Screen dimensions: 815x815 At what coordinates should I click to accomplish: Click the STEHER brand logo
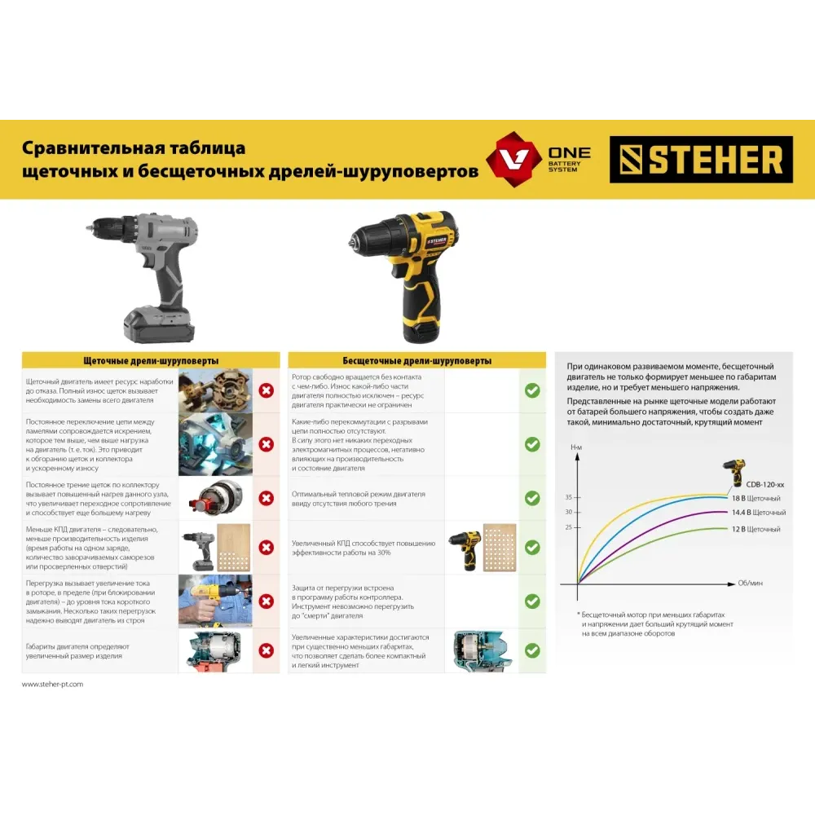(x=701, y=160)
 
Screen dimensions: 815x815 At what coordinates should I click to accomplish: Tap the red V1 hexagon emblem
(x=513, y=159)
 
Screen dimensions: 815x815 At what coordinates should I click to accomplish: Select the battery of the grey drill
(x=159, y=324)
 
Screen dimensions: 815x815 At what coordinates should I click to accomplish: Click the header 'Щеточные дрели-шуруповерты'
(x=151, y=361)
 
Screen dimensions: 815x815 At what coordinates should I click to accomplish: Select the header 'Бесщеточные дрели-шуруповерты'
(x=416, y=361)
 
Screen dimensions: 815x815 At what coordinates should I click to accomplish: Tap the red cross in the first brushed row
(x=267, y=390)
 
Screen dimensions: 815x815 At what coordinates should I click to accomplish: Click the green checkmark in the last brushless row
(x=532, y=650)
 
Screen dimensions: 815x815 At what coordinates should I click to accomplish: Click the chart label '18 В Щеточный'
(x=756, y=498)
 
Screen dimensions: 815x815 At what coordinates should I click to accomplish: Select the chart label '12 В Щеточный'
(x=756, y=529)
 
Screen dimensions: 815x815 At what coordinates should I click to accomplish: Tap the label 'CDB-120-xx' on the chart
(x=765, y=484)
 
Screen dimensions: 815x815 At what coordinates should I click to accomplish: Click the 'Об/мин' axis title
(x=750, y=584)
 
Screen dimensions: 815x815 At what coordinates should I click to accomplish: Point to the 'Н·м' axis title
(x=576, y=447)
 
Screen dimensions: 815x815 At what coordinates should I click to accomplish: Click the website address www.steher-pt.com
(x=52, y=684)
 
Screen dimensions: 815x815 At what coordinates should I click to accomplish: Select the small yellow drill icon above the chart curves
(x=735, y=472)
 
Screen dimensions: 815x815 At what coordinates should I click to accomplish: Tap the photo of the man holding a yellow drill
(x=215, y=601)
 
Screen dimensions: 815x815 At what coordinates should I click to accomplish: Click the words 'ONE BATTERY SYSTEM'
(x=569, y=160)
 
